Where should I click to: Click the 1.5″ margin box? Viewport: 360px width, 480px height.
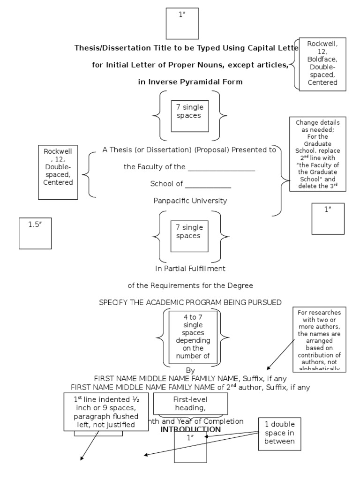click(35, 233)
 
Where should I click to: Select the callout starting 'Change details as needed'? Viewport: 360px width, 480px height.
click(318, 154)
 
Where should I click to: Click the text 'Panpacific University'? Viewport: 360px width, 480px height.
click(190, 201)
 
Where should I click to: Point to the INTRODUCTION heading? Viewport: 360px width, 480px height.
click(190, 429)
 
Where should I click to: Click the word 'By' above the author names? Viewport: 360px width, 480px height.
click(190, 370)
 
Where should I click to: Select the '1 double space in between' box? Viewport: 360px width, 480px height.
click(279, 433)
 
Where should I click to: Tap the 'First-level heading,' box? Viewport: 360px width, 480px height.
click(191, 404)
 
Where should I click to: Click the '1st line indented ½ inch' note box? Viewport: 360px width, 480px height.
click(100, 411)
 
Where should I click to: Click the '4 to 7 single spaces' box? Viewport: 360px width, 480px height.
click(193, 337)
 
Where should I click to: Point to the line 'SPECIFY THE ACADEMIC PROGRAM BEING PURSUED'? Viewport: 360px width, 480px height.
click(190, 302)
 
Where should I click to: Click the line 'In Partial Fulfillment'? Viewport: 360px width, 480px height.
click(190, 269)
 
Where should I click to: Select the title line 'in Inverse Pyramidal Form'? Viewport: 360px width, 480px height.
click(190, 82)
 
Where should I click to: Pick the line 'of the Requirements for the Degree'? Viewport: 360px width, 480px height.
click(190, 285)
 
